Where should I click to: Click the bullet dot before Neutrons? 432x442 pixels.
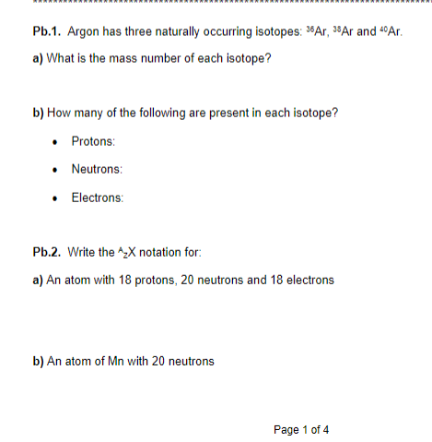[x=57, y=170]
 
